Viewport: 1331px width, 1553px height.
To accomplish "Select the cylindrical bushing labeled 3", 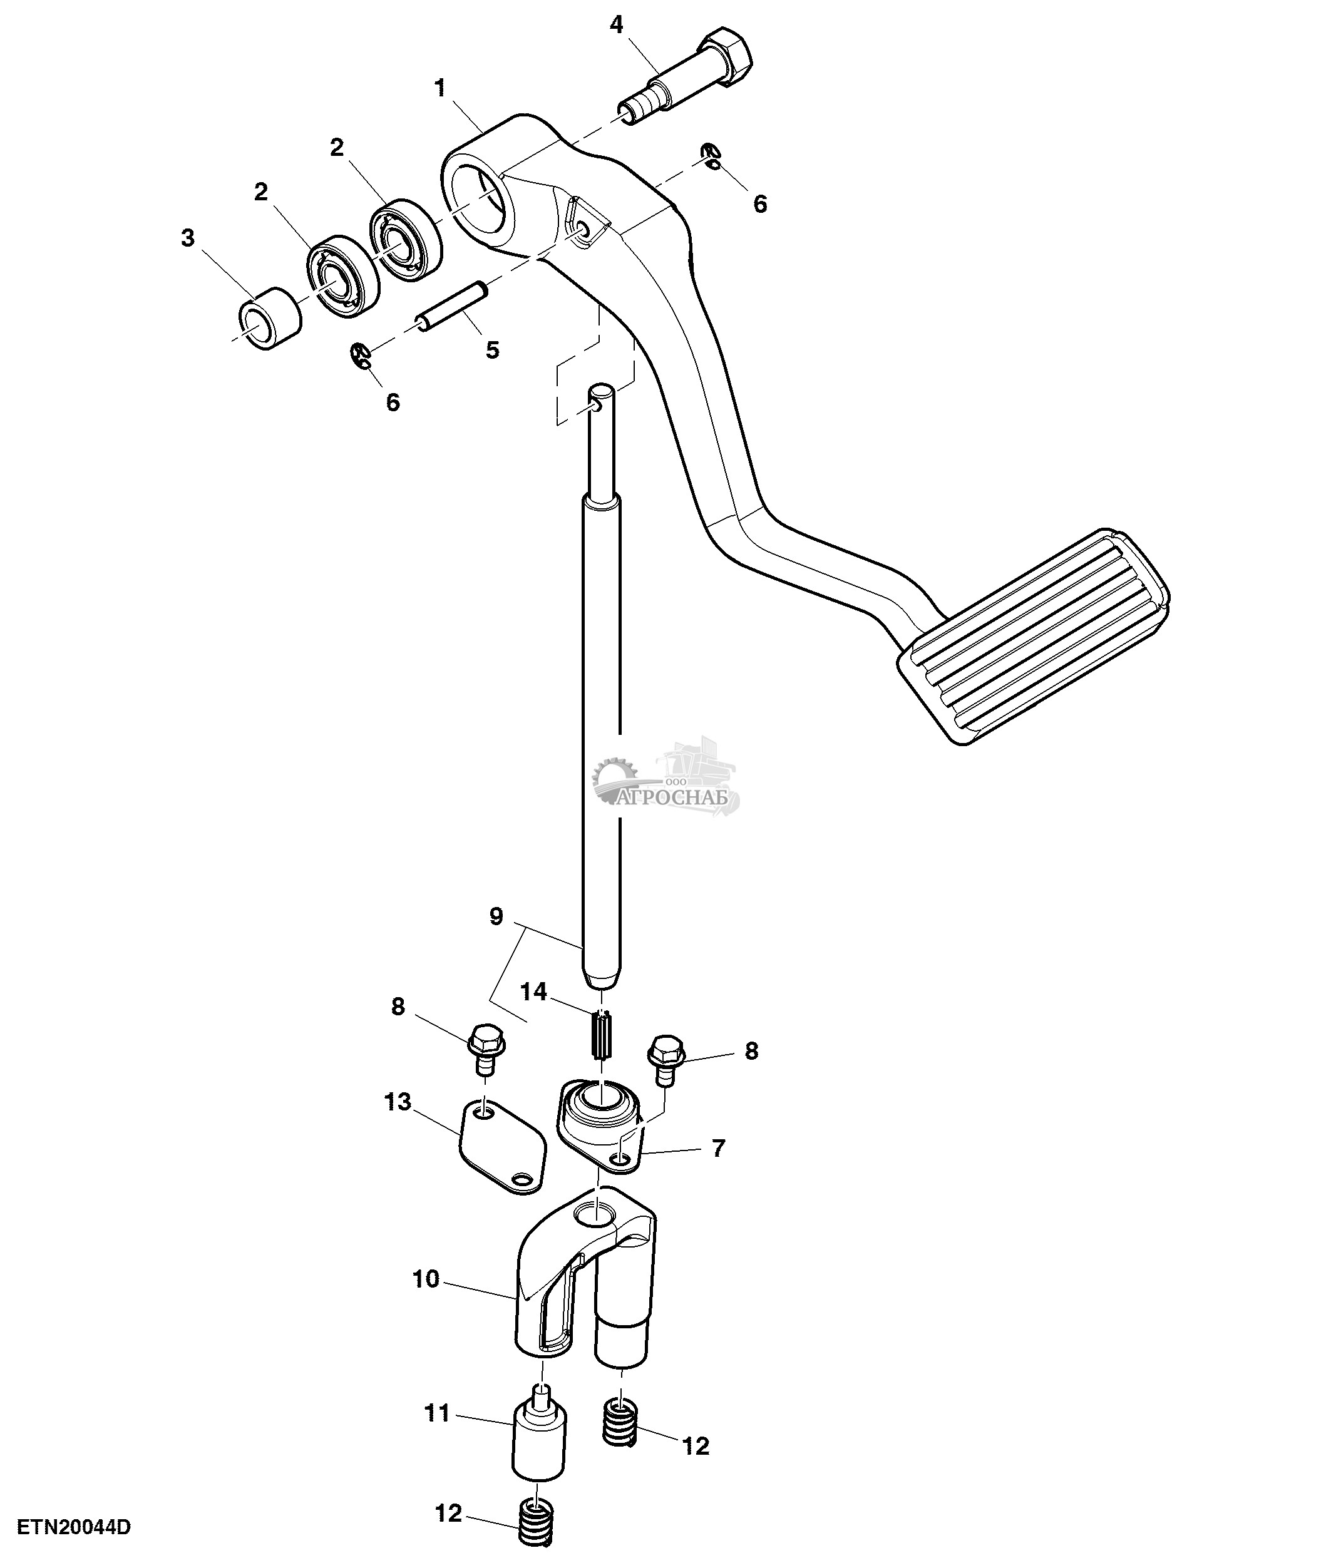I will [270, 318].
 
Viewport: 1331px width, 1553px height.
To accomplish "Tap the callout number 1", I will [440, 88].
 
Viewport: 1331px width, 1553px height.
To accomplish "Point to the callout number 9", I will [496, 916].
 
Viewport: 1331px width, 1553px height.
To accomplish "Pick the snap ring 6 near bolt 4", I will [711, 156].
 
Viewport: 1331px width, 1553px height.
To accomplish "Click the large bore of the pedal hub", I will [480, 202].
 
